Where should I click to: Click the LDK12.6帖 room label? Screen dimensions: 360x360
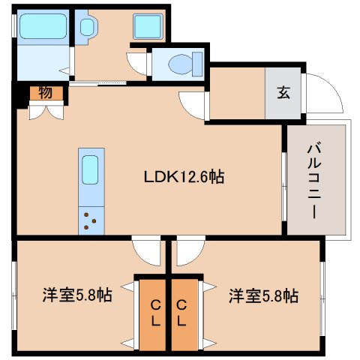tap(184, 178)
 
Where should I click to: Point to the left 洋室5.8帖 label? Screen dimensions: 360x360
tap(76, 295)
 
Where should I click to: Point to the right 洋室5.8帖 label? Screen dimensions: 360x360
tap(263, 295)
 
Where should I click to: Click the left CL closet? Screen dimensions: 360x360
tap(154, 313)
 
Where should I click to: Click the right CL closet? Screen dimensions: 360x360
tap(181, 313)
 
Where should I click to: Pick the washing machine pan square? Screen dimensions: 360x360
tap(143, 28)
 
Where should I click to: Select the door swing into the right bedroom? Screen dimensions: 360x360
tap(190, 248)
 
